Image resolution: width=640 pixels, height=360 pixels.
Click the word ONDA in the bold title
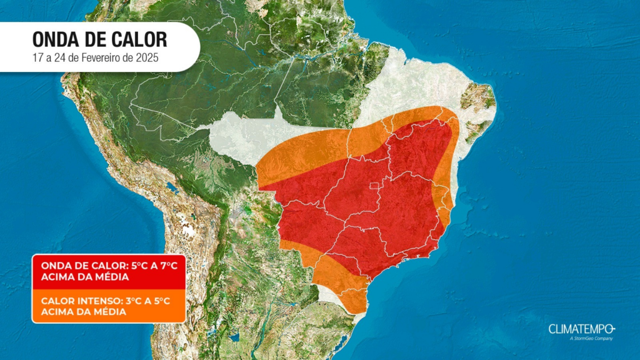click(55, 40)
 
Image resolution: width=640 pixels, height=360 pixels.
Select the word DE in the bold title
click(94, 40)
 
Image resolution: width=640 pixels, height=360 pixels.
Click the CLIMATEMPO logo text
click(581, 329)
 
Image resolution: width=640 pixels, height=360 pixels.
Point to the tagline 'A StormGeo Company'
click(591, 339)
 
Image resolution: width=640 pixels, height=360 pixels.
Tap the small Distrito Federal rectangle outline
click(374, 186)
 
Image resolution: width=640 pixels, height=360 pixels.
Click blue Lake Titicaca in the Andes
click(170, 187)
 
